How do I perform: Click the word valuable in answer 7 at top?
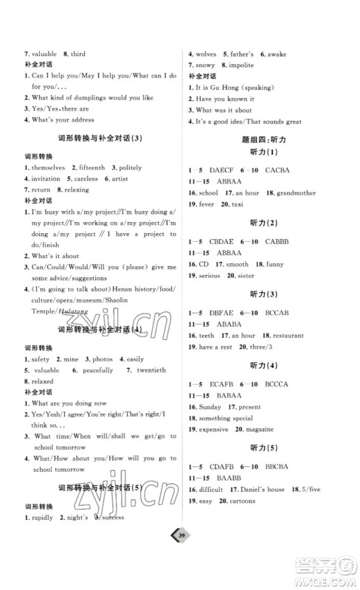44,55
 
